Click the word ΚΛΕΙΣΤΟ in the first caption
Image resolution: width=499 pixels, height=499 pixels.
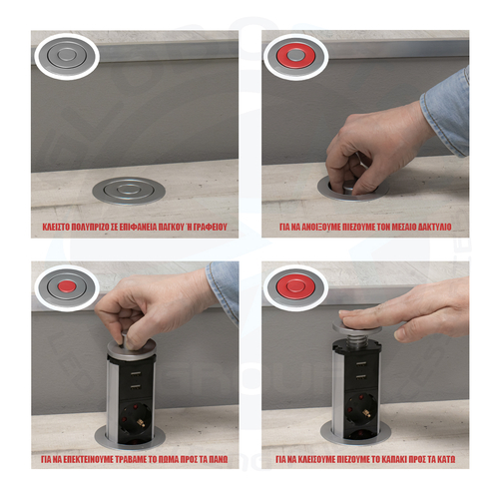tap(56, 227)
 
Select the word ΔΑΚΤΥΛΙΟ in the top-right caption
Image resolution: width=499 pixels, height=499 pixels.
tap(434, 227)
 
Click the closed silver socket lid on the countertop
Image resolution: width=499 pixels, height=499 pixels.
tap(129, 191)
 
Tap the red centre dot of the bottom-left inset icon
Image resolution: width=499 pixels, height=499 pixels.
tap(66, 286)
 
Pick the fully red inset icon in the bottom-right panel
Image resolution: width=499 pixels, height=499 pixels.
tap(295, 287)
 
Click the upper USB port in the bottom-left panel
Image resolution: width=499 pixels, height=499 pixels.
tap(135, 374)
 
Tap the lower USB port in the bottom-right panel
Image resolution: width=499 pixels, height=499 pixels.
tap(361, 377)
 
